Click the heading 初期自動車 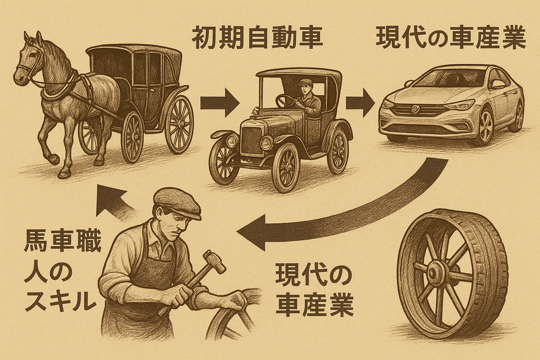(257, 38)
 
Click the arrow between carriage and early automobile (220, 102)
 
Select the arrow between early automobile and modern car (360, 102)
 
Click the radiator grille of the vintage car (251, 141)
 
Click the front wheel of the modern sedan (486, 127)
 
